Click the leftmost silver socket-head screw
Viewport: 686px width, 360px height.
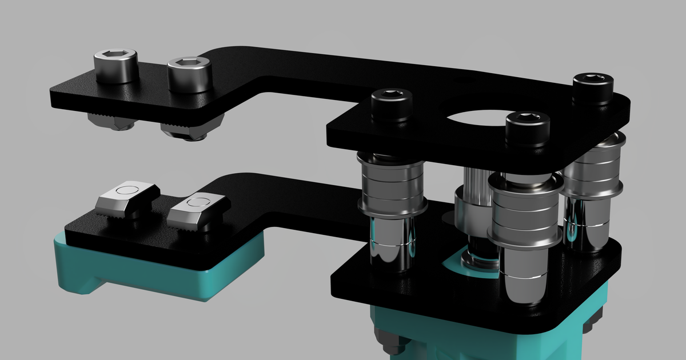[116, 67]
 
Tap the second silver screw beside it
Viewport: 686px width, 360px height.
[189, 75]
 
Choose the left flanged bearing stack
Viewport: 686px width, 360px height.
[392, 186]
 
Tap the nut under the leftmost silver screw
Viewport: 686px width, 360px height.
[109, 121]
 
